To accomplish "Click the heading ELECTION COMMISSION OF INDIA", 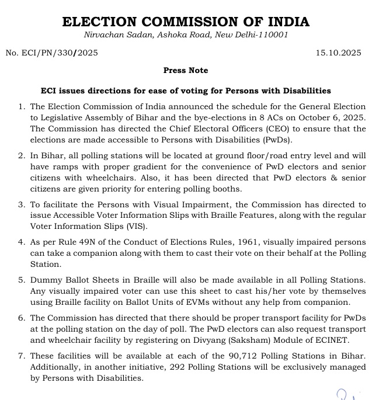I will pos(186,22).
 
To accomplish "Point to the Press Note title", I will pos(186,71).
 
